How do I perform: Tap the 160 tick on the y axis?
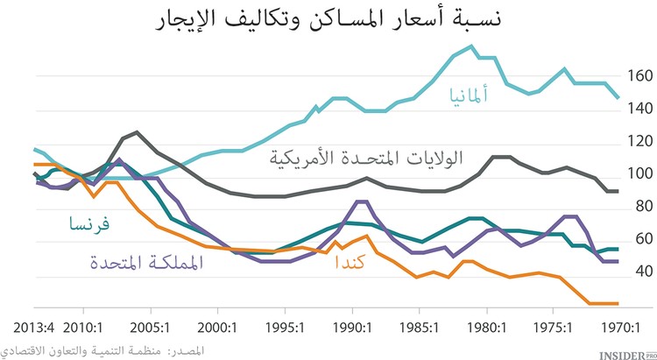(x=639, y=76)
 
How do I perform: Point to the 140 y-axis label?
(x=639, y=109)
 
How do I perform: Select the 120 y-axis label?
(x=639, y=141)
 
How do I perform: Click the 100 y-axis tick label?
(x=639, y=173)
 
